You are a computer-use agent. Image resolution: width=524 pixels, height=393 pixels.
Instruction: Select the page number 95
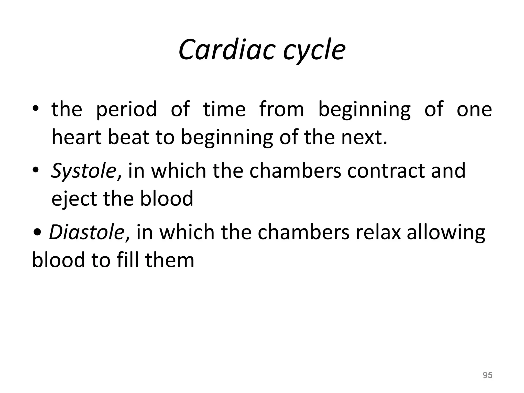(487, 375)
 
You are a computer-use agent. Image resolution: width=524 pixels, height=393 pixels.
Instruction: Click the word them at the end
(170, 260)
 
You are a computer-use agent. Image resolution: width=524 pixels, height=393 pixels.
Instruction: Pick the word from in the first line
(282, 110)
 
